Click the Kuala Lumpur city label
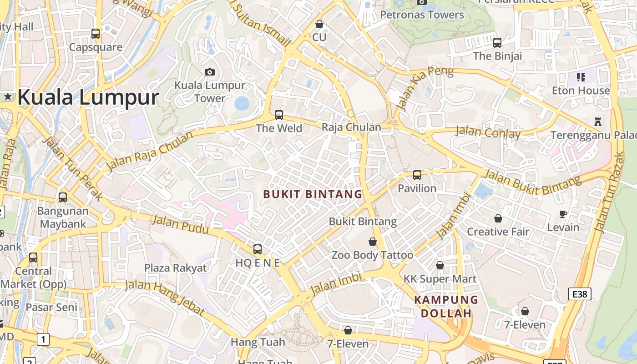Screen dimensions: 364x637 [x=88, y=97]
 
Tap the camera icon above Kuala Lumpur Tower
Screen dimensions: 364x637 [x=210, y=72]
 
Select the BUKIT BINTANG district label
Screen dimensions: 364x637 [x=313, y=194]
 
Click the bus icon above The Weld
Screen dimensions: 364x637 [x=279, y=115]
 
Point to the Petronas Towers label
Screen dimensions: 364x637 [x=422, y=15]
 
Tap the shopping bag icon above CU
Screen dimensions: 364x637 [x=319, y=24]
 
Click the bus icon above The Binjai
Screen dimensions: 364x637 [x=497, y=43]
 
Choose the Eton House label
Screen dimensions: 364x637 [x=581, y=91]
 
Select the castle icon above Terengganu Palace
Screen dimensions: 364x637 [x=597, y=122]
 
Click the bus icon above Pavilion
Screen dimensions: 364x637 [x=417, y=175]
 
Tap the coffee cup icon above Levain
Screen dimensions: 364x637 [x=563, y=214]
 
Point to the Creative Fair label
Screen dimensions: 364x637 [x=498, y=232]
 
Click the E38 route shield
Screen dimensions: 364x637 [x=580, y=294]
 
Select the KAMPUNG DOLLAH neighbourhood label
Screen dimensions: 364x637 [x=446, y=306]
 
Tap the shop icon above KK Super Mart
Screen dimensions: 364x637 [x=440, y=265]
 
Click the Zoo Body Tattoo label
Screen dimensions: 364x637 [x=372, y=255]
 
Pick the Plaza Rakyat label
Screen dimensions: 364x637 [x=175, y=268]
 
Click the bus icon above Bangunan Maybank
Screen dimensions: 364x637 [x=63, y=197]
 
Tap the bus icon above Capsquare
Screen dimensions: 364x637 [x=96, y=33]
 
